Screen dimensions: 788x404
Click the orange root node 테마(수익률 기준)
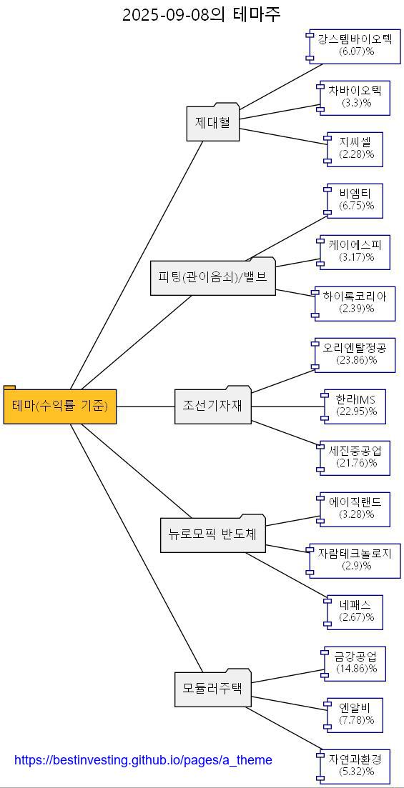pyautogui.click(x=60, y=407)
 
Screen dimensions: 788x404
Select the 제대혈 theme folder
pyautogui.click(x=212, y=123)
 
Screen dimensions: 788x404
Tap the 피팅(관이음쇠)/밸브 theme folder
pyautogui.click(x=212, y=277)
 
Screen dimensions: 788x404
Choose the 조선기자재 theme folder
pyautogui.click(x=212, y=406)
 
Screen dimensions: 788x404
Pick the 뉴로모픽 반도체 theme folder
pyautogui.click(x=212, y=534)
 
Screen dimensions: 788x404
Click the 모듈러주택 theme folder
pyautogui.click(x=212, y=689)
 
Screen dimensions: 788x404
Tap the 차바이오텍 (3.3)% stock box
pyautogui.click(x=356, y=97)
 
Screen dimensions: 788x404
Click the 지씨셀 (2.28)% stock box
pyautogui.click(x=356, y=149)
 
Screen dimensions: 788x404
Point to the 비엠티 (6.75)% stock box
pyautogui.click(x=356, y=200)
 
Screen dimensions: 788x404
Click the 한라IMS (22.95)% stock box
pyautogui.click(x=356, y=406)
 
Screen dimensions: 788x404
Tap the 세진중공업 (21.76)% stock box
pyautogui.click(x=356, y=457)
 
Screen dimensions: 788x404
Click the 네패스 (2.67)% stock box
pyautogui.click(x=356, y=612)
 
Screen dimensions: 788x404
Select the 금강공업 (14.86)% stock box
pyautogui.click(x=356, y=663)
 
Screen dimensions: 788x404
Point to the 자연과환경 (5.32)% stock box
pyautogui.click(x=356, y=766)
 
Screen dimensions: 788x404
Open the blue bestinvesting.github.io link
pyautogui.click(x=143, y=760)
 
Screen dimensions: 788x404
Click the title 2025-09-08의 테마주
pyautogui.click(x=202, y=14)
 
